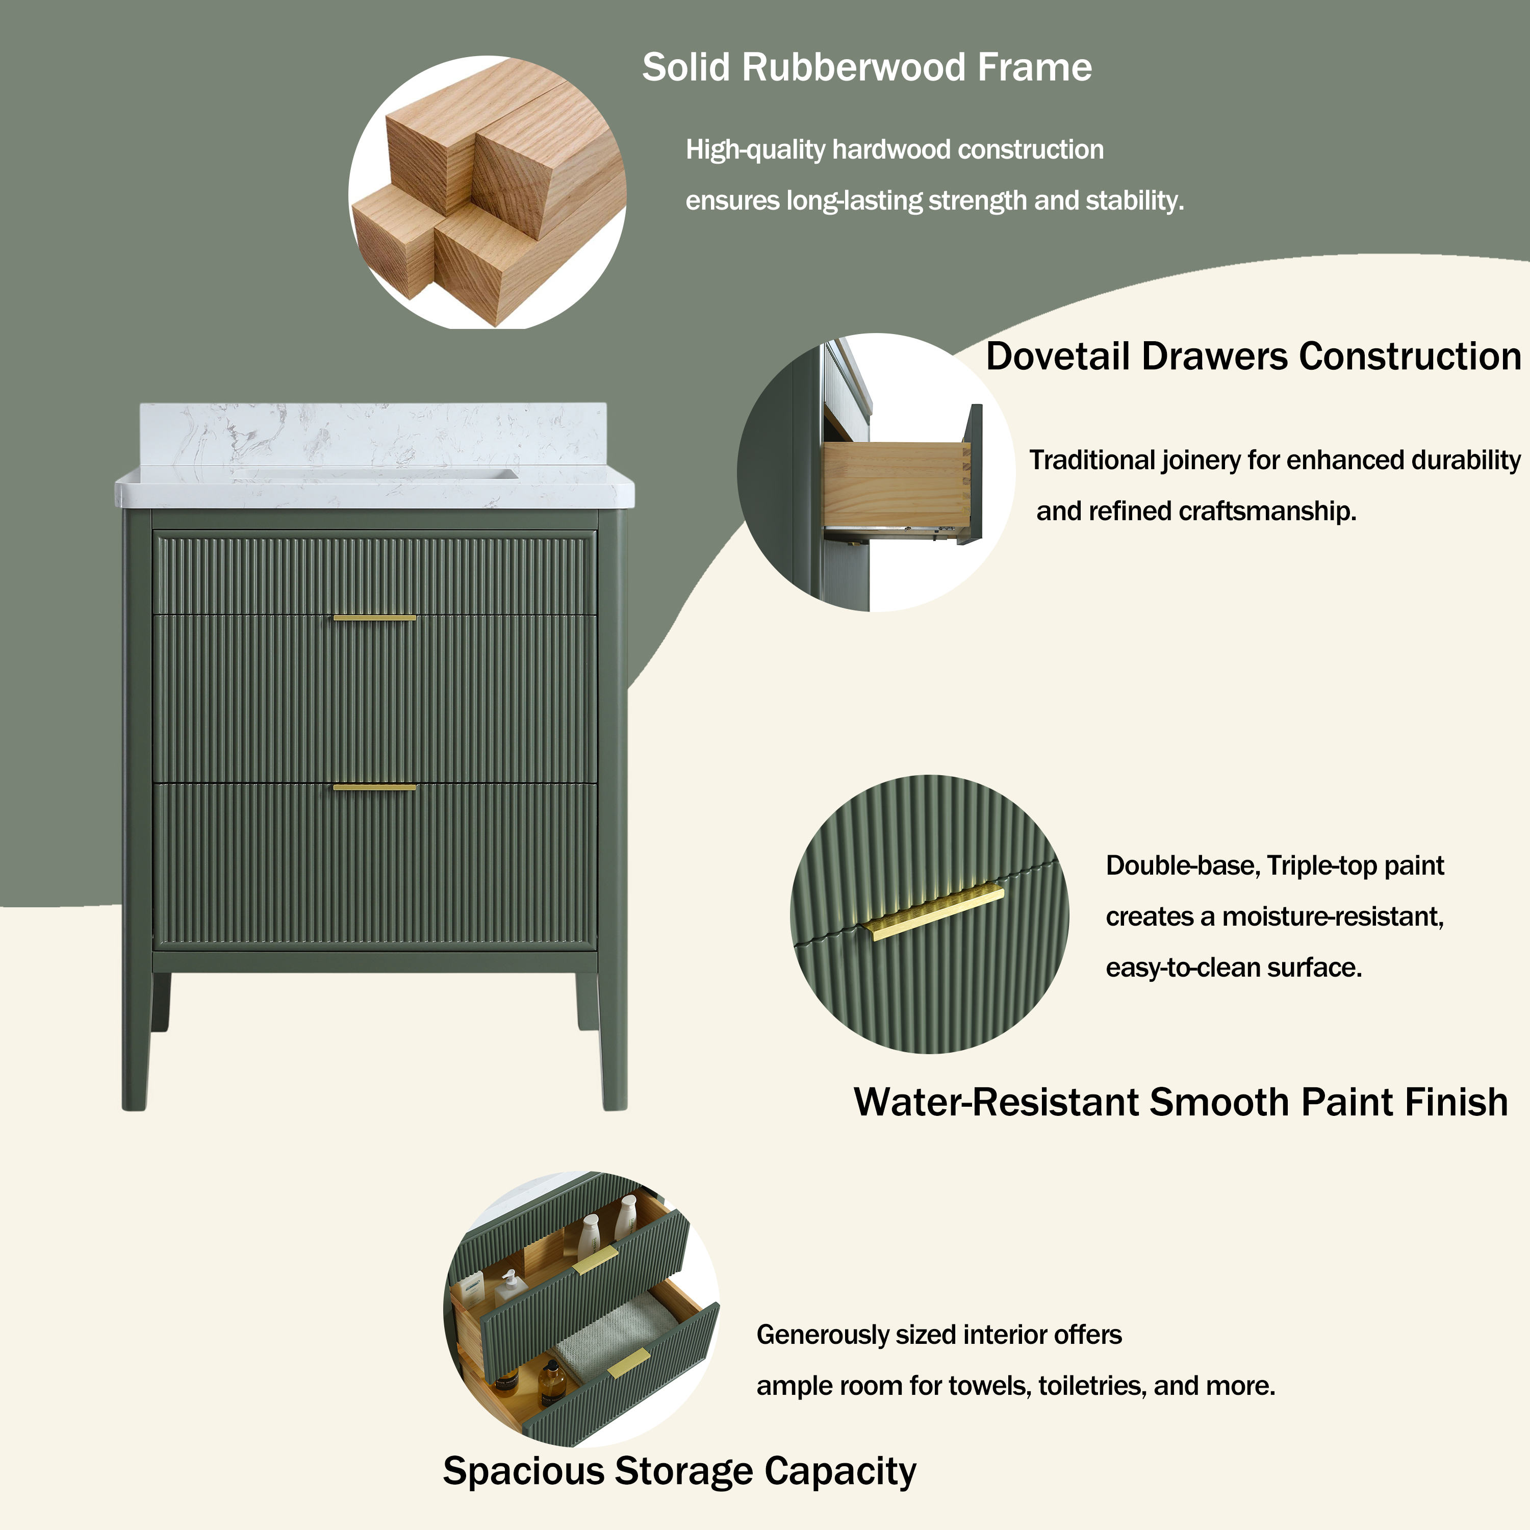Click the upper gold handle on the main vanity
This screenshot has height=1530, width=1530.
374,618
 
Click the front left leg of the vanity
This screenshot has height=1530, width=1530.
135,1045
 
